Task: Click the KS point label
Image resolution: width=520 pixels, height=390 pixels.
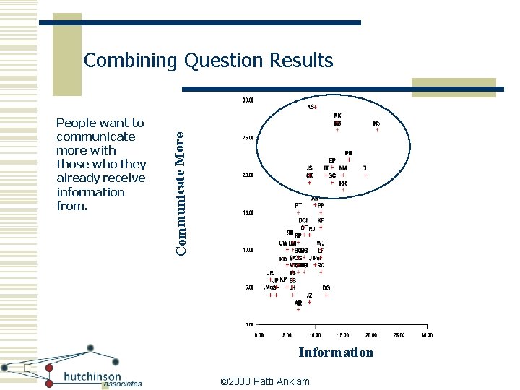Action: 311,108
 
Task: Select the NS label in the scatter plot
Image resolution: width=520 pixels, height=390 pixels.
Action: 376,123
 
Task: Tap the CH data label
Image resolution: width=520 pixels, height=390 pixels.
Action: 365,168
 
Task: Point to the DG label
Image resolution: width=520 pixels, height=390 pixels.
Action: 326,287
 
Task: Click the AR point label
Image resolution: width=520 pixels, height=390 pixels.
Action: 298,303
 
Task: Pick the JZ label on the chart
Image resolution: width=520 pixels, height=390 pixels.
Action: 309,295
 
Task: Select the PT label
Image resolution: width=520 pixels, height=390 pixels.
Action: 298,205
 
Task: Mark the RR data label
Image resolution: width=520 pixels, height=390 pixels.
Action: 343,183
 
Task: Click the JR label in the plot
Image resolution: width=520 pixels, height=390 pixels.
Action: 269,273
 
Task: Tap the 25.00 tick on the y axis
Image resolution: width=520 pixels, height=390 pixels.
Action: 247,137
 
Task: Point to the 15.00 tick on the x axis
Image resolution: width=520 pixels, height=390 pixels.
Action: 343,335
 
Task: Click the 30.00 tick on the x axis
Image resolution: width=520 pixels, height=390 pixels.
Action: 426,335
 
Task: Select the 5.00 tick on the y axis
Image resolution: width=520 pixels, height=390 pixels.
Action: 248,287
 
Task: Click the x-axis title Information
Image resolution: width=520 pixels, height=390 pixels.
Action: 336,352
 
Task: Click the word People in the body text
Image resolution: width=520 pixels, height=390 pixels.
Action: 77,123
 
